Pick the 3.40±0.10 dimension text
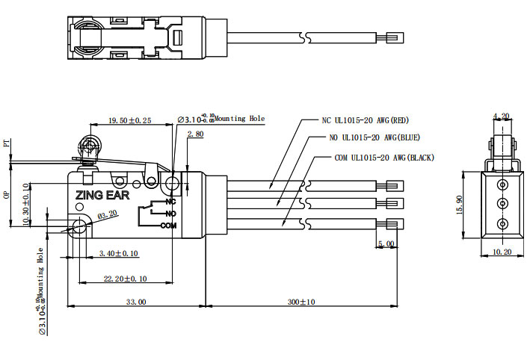click(x=119, y=254)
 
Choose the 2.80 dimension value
click(x=195, y=134)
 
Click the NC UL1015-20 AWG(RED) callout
click(x=365, y=120)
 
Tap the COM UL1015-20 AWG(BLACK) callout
click(x=384, y=158)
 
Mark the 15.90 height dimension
click(x=469, y=202)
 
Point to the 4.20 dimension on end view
click(x=501, y=116)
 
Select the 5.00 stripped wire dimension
click(x=386, y=243)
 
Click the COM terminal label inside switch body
click(x=168, y=225)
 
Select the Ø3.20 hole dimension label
click(x=107, y=215)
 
